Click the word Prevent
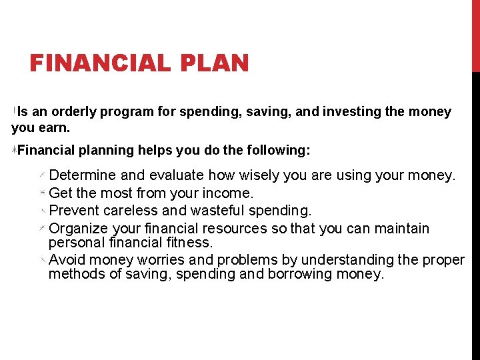[75, 211]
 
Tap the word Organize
[79, 229]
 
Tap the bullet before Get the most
[42, 193]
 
